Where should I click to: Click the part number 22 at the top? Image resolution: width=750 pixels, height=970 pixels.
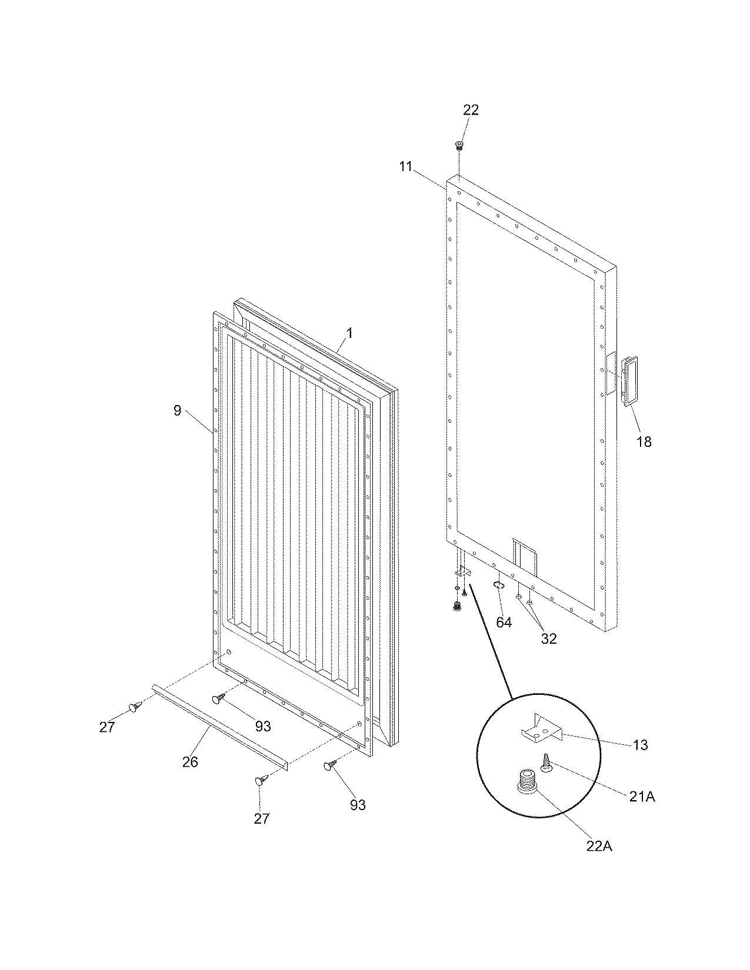471,110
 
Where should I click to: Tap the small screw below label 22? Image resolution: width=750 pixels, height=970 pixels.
459,144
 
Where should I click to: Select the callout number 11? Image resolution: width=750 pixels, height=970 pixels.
405,166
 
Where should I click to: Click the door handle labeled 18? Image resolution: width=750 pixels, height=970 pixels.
629,380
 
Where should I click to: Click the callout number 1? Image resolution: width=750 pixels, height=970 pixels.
349,333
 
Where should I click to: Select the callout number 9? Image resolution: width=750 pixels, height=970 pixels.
178,411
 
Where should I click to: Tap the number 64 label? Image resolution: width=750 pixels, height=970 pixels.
504,623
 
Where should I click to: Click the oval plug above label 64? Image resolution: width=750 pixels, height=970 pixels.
498,586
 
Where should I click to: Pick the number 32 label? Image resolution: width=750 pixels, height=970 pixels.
548,638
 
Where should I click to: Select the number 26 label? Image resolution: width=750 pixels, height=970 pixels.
190,762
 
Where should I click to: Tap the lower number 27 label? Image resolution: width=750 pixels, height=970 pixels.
261,818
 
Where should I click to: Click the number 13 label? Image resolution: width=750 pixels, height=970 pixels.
640,745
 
